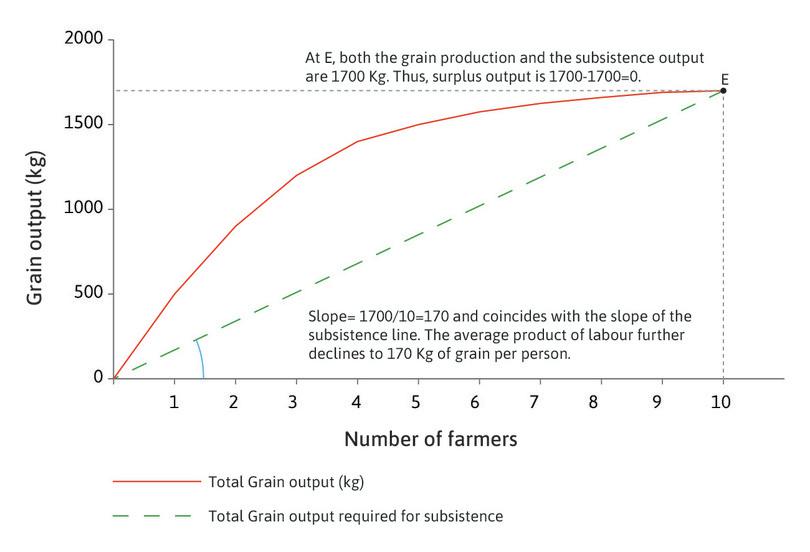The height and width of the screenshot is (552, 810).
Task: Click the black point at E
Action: pos(723,91)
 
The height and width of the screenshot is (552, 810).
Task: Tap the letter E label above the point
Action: pos(723,77)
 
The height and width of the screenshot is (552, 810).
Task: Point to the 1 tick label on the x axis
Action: pos(175,402)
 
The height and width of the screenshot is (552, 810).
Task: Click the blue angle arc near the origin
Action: pos(200,357)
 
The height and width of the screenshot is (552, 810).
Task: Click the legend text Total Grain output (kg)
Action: pos(286,482)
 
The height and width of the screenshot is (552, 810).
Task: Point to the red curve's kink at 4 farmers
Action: pos(357,141)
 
